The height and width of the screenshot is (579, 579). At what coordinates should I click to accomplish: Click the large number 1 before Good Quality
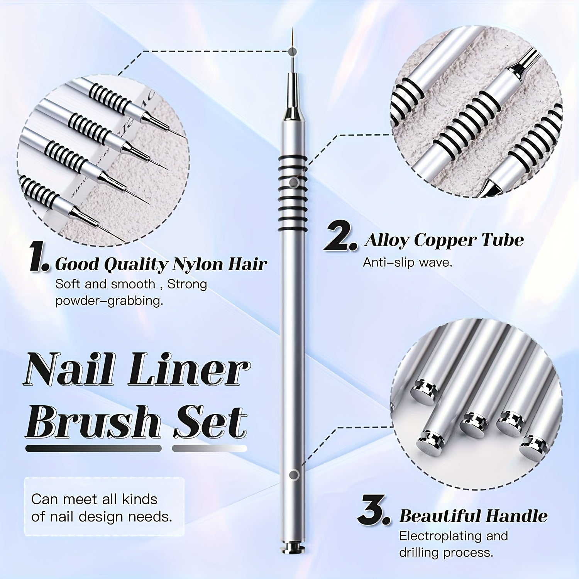pos(39,257)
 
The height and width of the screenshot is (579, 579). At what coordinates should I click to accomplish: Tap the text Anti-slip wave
pos(407,263)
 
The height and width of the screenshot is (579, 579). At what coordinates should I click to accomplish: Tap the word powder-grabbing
pos(109,301)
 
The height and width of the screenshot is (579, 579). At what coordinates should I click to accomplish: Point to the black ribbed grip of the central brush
pos(293,193)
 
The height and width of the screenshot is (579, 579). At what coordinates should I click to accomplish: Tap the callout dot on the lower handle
pos(294,474)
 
